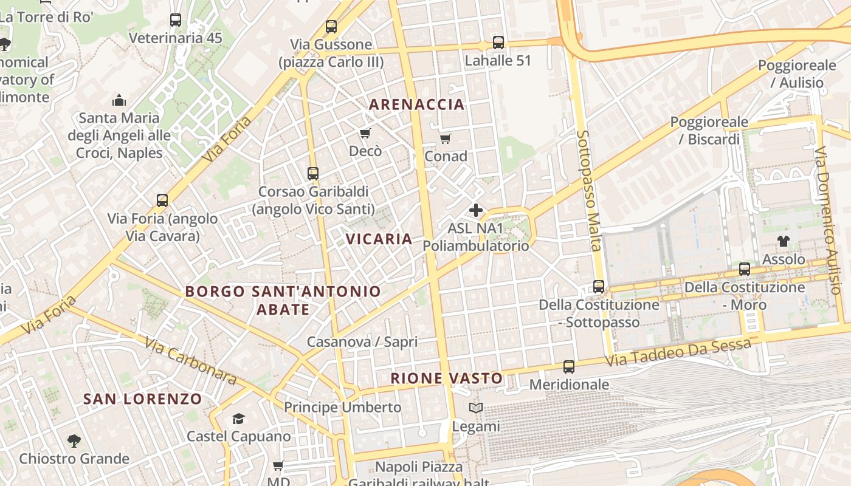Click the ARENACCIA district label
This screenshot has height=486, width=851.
416,104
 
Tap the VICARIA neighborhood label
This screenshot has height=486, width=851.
379,239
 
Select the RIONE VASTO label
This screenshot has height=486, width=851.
447,378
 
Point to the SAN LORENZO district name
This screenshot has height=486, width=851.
142,399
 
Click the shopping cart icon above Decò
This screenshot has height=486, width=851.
365,134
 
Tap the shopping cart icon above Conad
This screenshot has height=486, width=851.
446,139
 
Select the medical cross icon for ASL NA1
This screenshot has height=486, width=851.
476,211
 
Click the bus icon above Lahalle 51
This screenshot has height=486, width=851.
498,43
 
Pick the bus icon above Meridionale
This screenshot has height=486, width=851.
569,367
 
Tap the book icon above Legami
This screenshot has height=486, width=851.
476,408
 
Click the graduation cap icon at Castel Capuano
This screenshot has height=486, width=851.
238,419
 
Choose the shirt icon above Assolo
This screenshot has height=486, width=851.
784,241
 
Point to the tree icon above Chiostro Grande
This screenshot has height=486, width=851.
74,440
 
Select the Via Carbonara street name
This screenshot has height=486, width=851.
190,360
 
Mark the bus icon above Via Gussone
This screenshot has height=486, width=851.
331,27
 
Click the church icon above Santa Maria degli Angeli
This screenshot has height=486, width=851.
119,100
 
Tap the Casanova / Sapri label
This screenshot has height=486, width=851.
362,342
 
